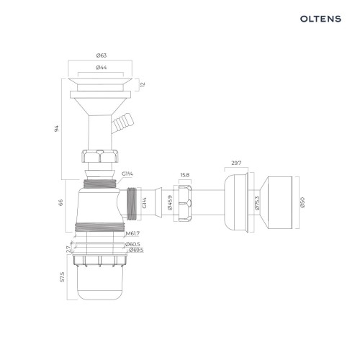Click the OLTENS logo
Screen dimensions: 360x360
pyautogui.click(x=320, y=19)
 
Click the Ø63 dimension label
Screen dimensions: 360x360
pyautogui.click(x=102, y=55)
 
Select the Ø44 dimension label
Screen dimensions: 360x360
pyautogui.click(x=102, y=68)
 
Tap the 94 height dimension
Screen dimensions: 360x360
pyautogui.click(x=57, y=128)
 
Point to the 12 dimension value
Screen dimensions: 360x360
pyautogui.click(x=143, y=84)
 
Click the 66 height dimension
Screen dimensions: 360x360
pyautogui.click(x=61, y=202)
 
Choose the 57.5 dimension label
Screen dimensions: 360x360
pyautogui.click(x=63, y=276)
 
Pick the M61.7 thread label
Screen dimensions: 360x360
pyautogui.click(x=132, y=233)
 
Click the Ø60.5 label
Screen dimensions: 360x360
pyautogui.click(x=132, y=244)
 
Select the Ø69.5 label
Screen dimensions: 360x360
pyautogui.click(x=136, y=250)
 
